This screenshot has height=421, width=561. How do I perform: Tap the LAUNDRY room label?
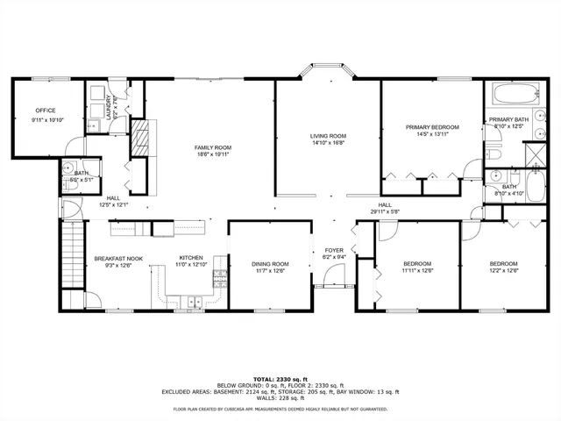(x=109, y=105)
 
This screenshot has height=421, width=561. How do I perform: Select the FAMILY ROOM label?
(x=212, y=147)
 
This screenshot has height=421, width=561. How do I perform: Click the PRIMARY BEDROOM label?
(x=432, y=127)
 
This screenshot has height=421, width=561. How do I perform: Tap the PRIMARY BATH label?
(x=508, y=120)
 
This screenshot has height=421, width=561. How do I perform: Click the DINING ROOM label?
(x=270, y=264)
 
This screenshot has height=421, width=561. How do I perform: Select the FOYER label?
(x=334, y=250)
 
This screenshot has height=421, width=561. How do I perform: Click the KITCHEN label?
(x=191, y=258)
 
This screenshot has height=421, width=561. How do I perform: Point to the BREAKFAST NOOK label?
(x=117, y=258)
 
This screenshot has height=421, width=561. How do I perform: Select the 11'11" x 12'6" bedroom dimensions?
(x=417, y=271)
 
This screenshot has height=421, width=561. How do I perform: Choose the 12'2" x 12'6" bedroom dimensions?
(x=503, y=271)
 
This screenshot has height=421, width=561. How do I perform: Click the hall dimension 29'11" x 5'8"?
(x=384, y=211)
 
